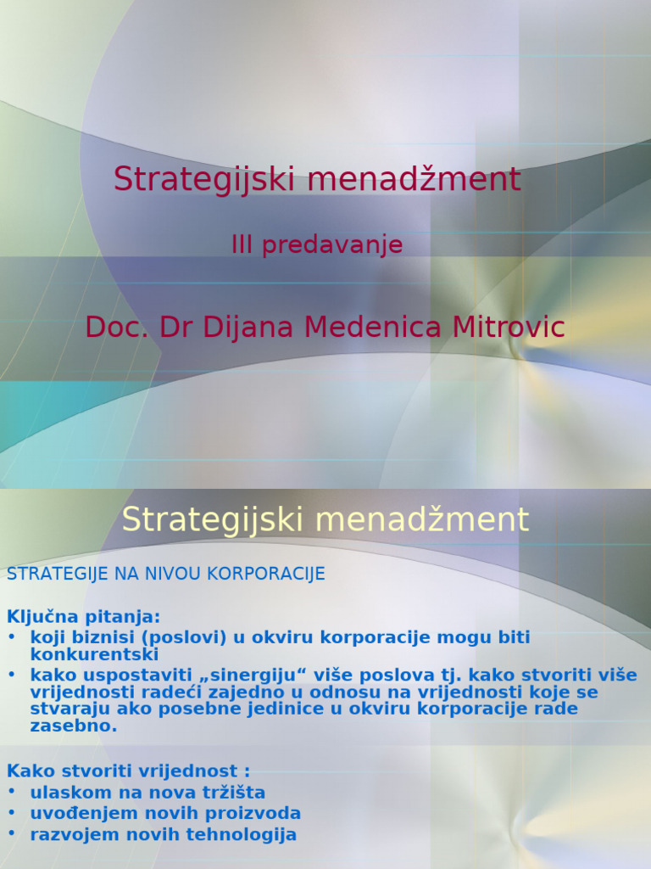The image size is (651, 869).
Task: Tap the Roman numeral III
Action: (x=242, y=245)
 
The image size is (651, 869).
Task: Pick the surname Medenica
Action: (x=374, y=327)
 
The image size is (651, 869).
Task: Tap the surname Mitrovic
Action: (x=507, y=327)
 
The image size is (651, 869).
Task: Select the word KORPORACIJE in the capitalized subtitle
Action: (x=271, y=575)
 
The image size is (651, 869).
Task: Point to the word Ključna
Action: (x=40, y=616)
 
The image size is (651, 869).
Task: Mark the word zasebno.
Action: (x=73, y=726)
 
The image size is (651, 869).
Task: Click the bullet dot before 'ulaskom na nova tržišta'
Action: (x=12, y=793)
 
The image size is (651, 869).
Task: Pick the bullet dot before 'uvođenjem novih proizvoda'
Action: (x=12, y=813)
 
